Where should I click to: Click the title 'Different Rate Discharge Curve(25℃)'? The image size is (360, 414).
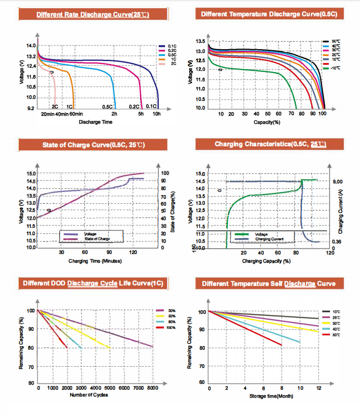tap(93, 15)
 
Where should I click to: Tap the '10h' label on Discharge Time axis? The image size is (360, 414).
tap(157, 114)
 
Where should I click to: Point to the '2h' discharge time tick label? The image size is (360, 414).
tap(114, 114)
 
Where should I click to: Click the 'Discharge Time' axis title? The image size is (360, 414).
tap(96, 122)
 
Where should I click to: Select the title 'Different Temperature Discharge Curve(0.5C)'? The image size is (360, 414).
tap(272, 14)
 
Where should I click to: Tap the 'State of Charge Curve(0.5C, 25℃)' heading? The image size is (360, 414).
tap(93, 144)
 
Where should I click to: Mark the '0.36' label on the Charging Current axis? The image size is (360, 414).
tap(337, 242)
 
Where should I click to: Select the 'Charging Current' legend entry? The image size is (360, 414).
tap(268, 239)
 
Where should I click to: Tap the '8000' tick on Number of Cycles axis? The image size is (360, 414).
tap(153, 388)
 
